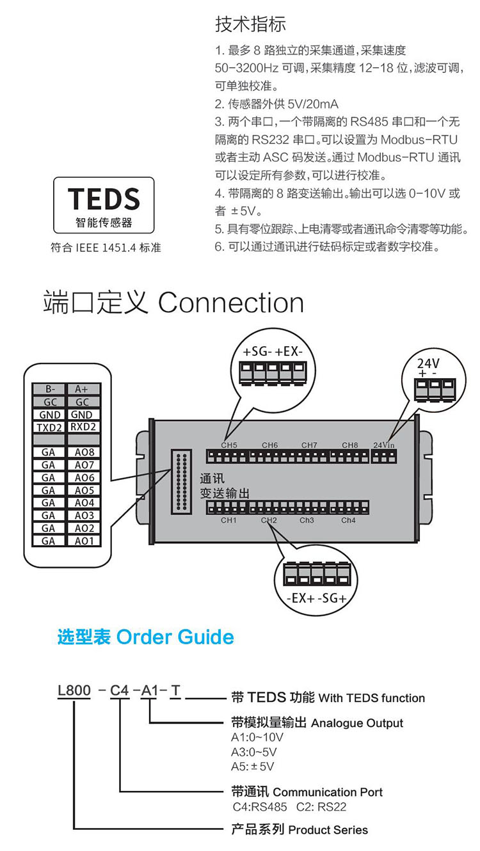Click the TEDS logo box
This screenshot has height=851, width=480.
click(x=103, y=205)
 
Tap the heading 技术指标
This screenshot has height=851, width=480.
click(x=250, y=24)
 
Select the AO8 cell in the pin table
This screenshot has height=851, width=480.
click(x=84, y=452)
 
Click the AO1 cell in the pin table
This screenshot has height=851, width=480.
click(x=84, y=541)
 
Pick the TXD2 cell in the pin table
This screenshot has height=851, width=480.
click(x=49, y=427)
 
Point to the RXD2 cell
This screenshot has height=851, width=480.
click(x=84, y=427)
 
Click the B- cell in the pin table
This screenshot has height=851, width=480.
click(x=49, y=388)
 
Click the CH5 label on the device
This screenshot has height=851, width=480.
click(x=228, y=445)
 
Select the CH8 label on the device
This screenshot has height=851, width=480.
click(x=349, y=445)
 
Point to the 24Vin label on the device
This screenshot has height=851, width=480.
click(x=384, y=445)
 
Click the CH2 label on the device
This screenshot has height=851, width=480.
click(x=269, y=520)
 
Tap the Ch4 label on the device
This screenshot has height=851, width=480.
click(x=348, y=520)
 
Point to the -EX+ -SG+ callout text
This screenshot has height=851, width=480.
click(x=314, y=600)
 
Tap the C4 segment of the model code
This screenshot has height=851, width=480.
click(x=120, y=691)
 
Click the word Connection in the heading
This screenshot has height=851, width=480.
click(x=231, y=303)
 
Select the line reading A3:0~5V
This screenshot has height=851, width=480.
click(x=253, y=752)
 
